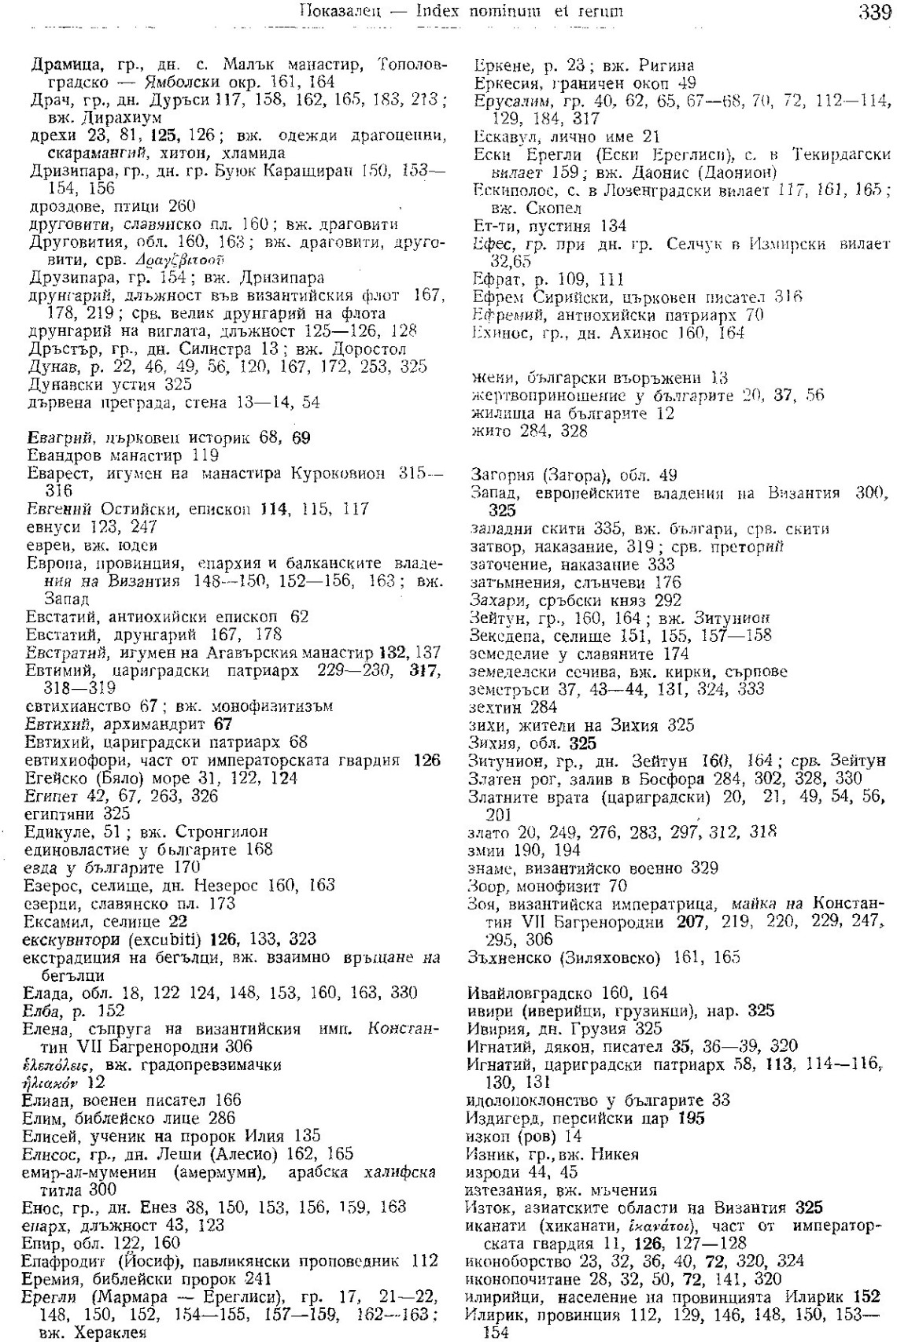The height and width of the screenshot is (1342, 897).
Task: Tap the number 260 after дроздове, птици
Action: click(x=182, y=207)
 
